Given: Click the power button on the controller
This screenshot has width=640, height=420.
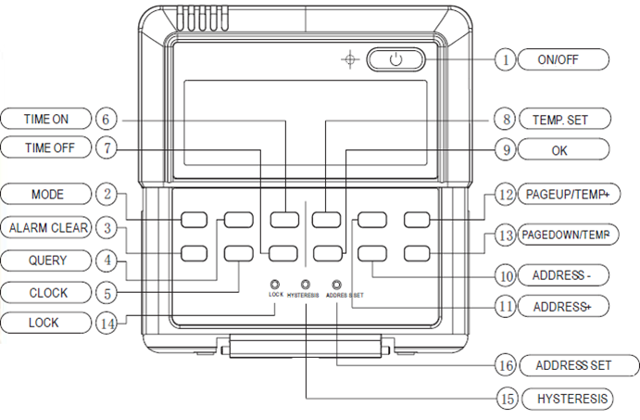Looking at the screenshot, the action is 395,59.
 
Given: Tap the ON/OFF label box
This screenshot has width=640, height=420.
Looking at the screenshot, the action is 563,59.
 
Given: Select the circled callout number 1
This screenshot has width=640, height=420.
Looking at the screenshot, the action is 506,59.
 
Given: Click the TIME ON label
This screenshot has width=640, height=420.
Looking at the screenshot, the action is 46,119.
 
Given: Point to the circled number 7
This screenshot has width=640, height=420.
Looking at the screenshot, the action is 107,147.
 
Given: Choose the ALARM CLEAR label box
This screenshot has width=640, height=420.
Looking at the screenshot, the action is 46,227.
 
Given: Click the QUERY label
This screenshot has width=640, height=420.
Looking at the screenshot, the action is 46,261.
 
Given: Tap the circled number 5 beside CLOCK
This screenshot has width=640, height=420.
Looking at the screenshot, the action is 107,293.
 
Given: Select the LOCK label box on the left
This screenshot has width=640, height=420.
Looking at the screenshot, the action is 46,323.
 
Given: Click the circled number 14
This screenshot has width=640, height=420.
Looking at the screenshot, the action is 107,324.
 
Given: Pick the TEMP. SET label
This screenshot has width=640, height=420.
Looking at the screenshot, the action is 565,120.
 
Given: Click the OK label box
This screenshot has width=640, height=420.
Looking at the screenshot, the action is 564,150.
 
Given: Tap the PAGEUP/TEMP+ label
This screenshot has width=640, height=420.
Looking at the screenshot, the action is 569,194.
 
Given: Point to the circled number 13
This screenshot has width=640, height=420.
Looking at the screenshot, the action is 506,235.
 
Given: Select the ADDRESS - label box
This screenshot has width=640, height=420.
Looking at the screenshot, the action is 563,275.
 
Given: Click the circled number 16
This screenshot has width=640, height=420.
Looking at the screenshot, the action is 506,365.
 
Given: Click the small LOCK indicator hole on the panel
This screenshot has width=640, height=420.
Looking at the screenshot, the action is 275,285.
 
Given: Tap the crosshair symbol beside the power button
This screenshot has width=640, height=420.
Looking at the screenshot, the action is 350,59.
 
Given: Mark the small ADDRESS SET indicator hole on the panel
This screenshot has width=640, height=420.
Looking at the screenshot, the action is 336,285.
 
